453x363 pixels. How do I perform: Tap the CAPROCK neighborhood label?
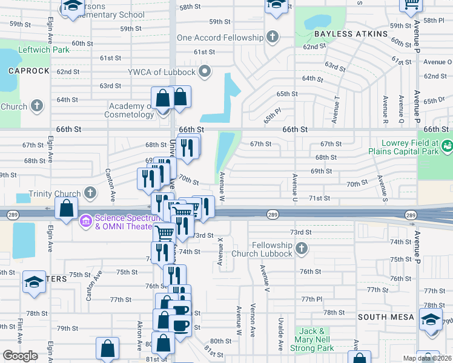[28, 71]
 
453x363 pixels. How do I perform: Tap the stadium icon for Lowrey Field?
[447, 145]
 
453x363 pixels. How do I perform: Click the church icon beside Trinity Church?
[90, 194]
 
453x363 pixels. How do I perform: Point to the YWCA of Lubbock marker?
[205, 73]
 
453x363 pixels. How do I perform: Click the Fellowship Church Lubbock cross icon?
[302, 249]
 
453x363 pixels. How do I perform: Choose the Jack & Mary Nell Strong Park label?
[314, 339]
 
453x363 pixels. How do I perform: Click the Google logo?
[20, 356]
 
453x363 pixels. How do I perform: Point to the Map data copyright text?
[427, 358]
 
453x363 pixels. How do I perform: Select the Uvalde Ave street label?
[281, 334]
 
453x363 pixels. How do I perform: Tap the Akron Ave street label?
[140, 336]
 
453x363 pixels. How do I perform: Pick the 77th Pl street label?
[312, 299]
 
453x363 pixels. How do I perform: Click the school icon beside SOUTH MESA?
[431, 320]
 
